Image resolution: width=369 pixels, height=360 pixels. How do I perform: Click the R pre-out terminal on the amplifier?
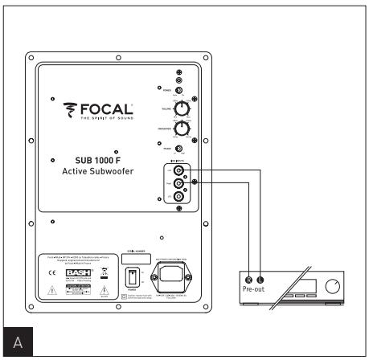pyautogui.click(x=249, y=278)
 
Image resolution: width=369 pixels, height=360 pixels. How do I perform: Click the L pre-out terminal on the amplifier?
pyautogui.click(x=260, y=278)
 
